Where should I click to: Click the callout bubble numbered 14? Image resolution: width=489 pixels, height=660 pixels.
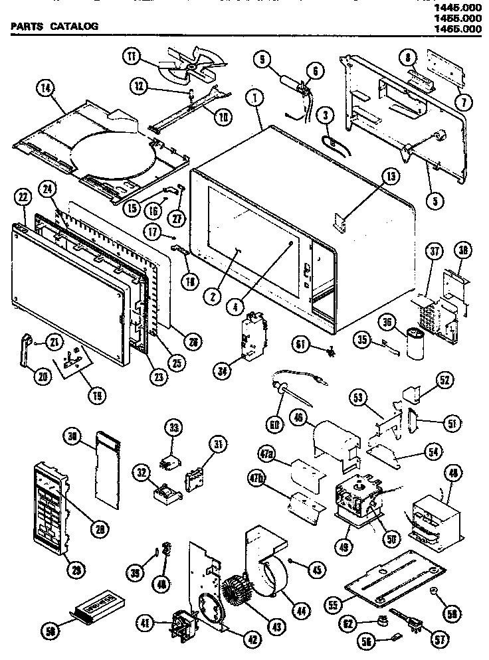[x=46, y=90]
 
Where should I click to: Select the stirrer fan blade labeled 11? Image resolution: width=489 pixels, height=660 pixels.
[x=185, y=64]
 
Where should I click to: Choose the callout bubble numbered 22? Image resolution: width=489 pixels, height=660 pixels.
[x=23, y=197]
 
